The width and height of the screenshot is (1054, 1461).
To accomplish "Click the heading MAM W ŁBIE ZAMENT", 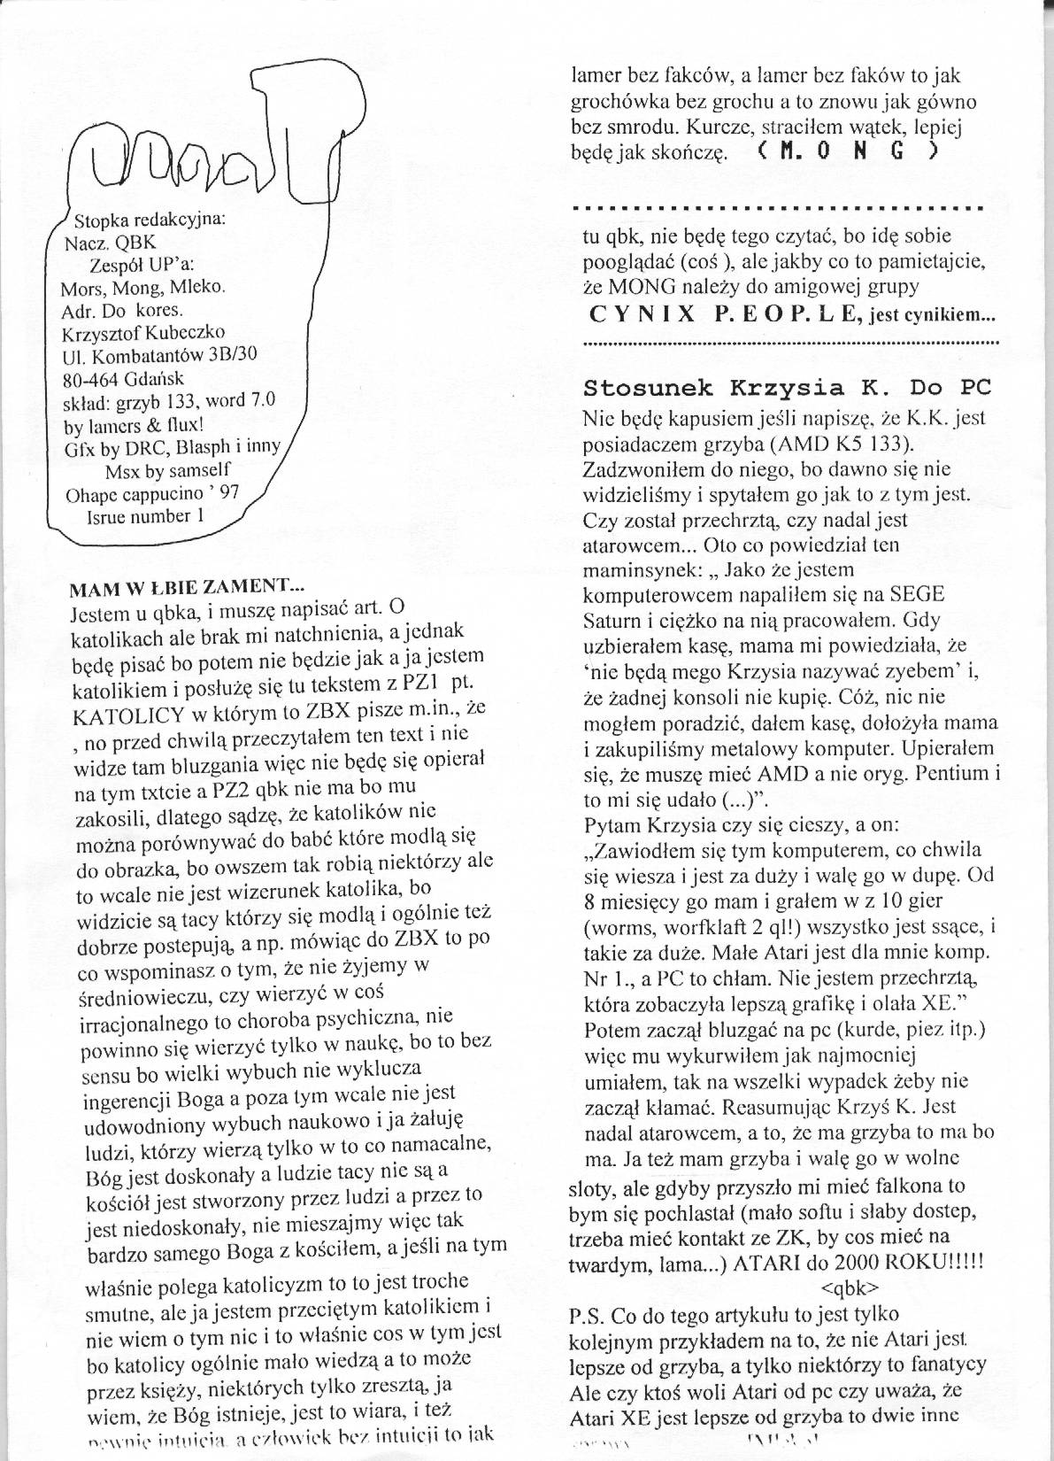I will click(x=186, y=585).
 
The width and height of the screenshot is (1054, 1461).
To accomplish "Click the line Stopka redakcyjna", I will click(x=150, y=219).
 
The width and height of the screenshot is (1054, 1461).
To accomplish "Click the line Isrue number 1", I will click(x=145, y=516).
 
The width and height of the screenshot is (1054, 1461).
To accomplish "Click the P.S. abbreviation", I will click(x=587, y=1315).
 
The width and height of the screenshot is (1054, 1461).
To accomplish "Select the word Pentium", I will click(x=951, y=773).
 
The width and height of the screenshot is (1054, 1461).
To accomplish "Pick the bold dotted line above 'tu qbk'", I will click(x=778, y=209).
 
